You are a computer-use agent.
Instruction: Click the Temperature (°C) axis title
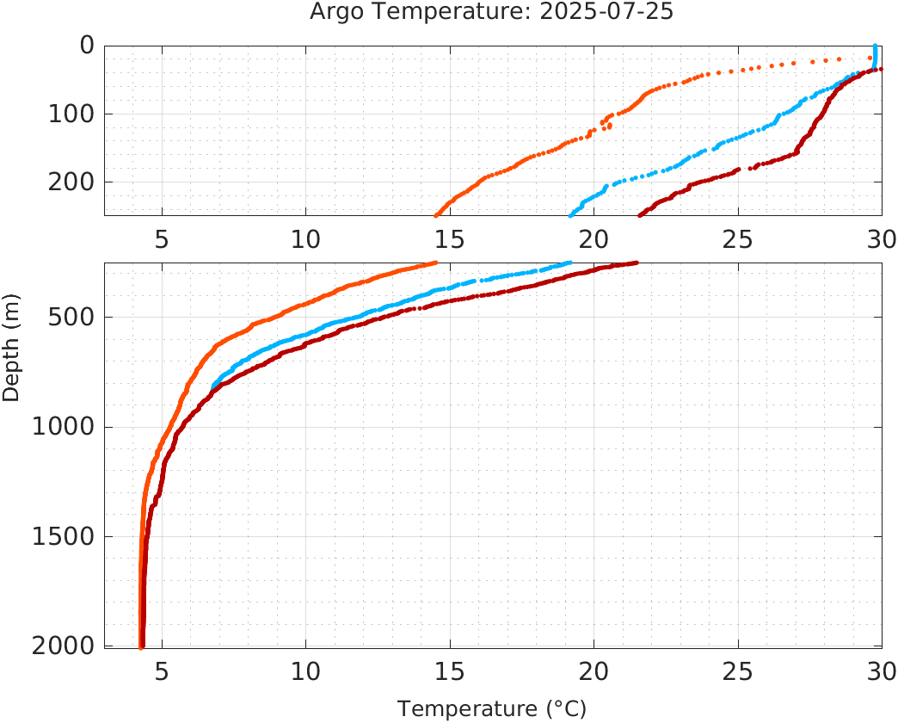pyautogui.click(x=492, y=709)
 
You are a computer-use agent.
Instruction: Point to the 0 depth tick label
pyautogui.click(x=86, y=45)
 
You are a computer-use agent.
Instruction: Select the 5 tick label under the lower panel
pyautogui.click(x=162, y=670)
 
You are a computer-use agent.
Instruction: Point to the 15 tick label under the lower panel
pyautogui.click(x=450, y=670)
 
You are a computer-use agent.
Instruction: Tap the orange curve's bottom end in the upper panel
pyautogui.click(x=436, y=214)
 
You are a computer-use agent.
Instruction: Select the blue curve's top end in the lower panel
pyautogui.click(x=569, y=263)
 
